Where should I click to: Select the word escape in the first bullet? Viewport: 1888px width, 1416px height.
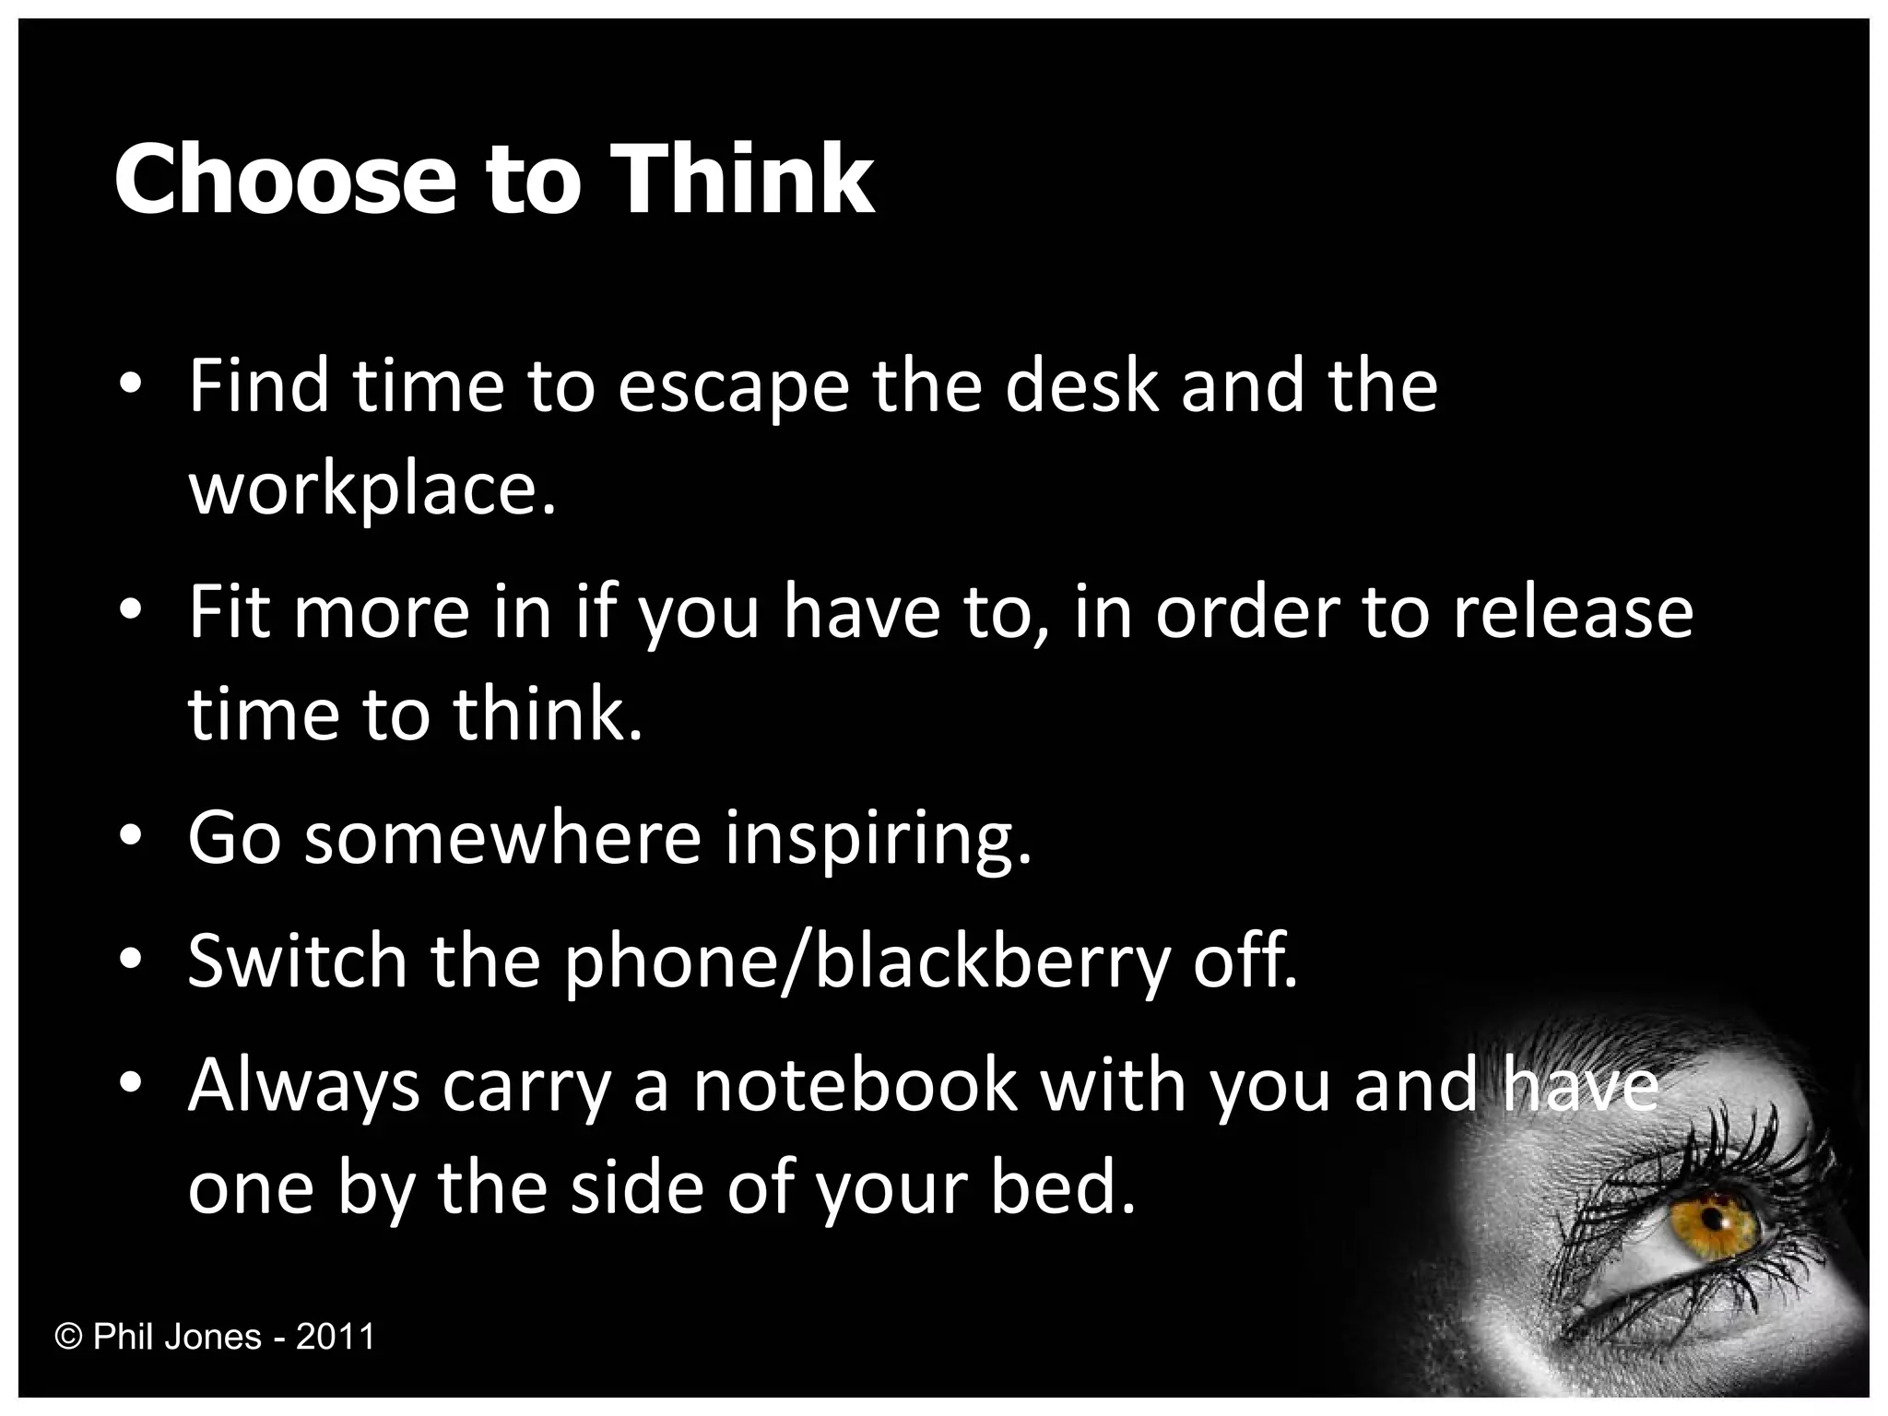point(732,387)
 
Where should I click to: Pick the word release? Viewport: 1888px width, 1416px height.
point(1573,612)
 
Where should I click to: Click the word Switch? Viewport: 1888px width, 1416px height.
point(297,961)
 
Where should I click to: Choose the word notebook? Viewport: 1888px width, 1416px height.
point(855,1086)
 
